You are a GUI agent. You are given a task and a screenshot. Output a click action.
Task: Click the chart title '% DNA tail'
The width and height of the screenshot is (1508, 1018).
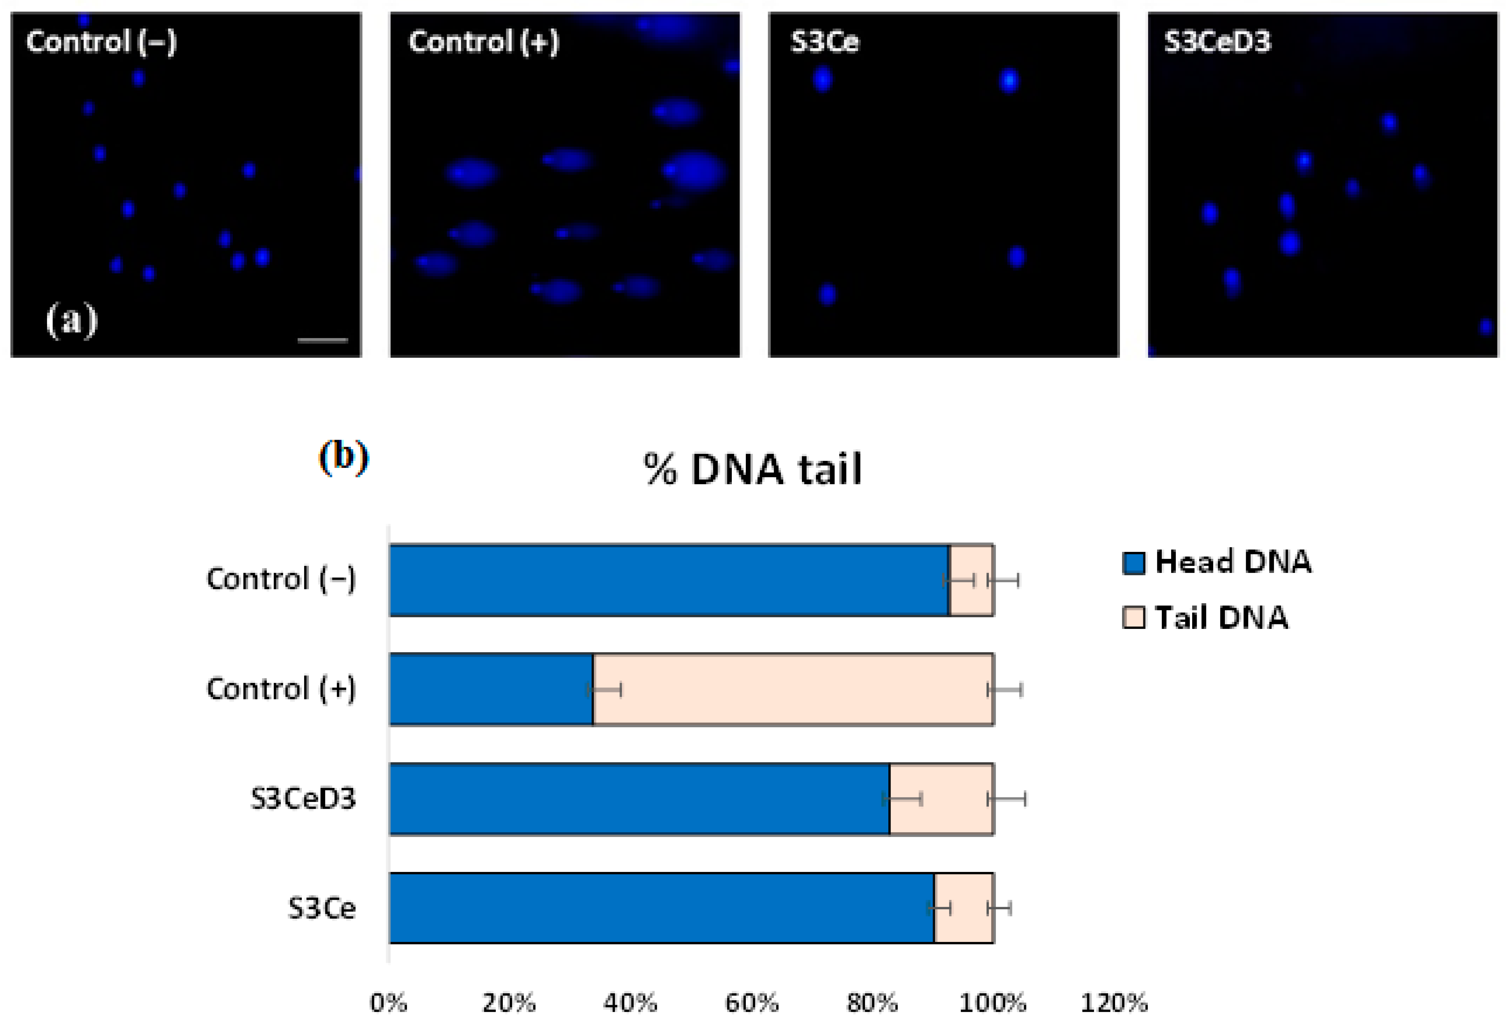tap(753, 469)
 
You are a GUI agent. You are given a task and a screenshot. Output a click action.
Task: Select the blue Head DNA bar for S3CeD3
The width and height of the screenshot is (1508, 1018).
tap(639, 799)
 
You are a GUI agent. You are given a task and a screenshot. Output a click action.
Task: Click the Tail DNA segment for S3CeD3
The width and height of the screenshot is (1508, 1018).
tap(941, 799)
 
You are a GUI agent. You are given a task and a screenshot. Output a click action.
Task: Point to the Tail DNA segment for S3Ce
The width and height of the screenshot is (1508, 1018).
tap(964, 908)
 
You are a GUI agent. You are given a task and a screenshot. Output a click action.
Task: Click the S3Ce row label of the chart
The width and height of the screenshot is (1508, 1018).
tap(322, 908)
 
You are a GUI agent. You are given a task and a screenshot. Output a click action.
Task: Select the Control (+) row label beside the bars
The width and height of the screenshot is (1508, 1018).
tap(281, 689)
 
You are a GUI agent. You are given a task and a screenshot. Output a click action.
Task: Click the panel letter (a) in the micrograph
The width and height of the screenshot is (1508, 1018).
tap(71, 320)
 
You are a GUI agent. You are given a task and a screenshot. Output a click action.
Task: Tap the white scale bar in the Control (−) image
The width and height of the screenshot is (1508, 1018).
tap(323, 339)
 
